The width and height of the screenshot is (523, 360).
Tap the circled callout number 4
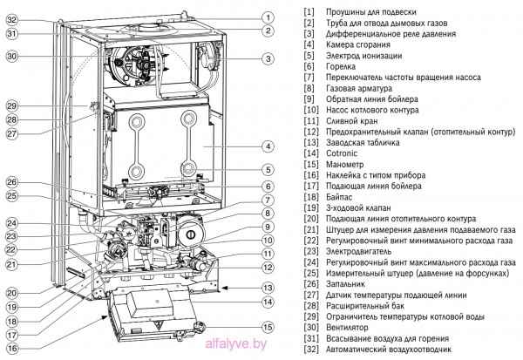268,146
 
